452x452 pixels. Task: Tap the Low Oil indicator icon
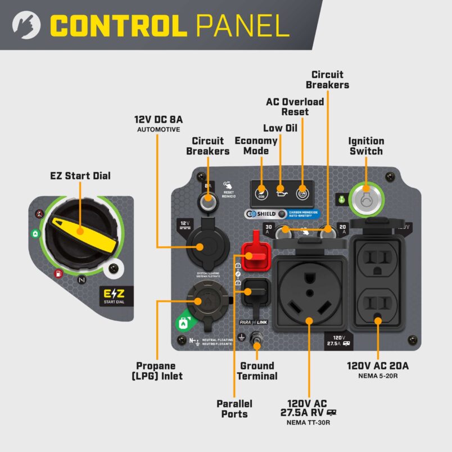coord(282,193)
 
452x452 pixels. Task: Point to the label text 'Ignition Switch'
coord(366,146)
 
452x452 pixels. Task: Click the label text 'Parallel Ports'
coord(234,409)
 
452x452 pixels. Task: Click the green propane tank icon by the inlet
coord(183,324)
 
